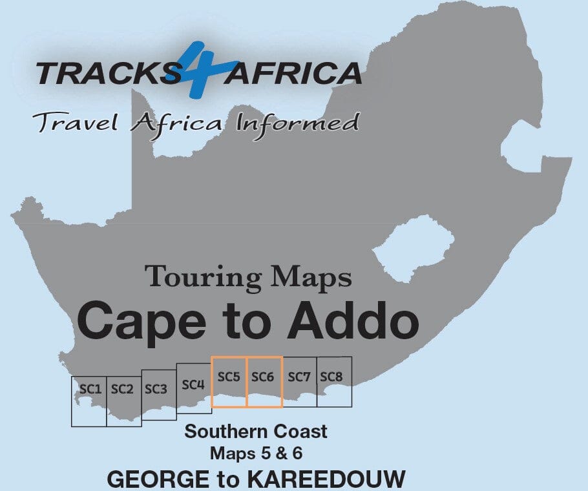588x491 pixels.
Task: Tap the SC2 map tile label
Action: (122, 389)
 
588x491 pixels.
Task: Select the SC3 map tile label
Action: (156, 389)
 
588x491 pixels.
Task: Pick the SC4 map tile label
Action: (193, 384)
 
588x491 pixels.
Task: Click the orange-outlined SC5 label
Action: (229, 377)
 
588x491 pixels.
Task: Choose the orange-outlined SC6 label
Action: (264, 377)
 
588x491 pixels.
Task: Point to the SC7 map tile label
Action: (299, 377)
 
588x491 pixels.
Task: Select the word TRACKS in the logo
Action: (102, 73)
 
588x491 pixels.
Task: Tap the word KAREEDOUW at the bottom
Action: (336, 479)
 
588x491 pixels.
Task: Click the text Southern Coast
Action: (256, 432)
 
